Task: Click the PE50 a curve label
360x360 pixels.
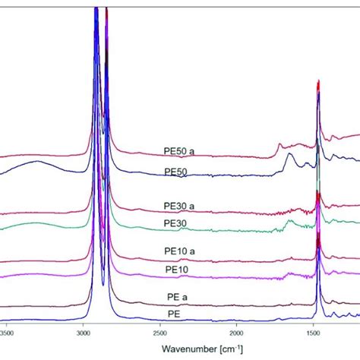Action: (x=179, y=150)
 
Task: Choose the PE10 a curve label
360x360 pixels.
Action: (x=179, y=252)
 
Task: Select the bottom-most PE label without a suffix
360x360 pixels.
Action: (x=174, y=314)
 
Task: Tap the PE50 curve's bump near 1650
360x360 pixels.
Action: (x=289, y=155)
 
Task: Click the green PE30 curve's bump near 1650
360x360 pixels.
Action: (x=289, y=221)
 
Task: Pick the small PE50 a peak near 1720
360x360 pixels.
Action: (x=279, y=144)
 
